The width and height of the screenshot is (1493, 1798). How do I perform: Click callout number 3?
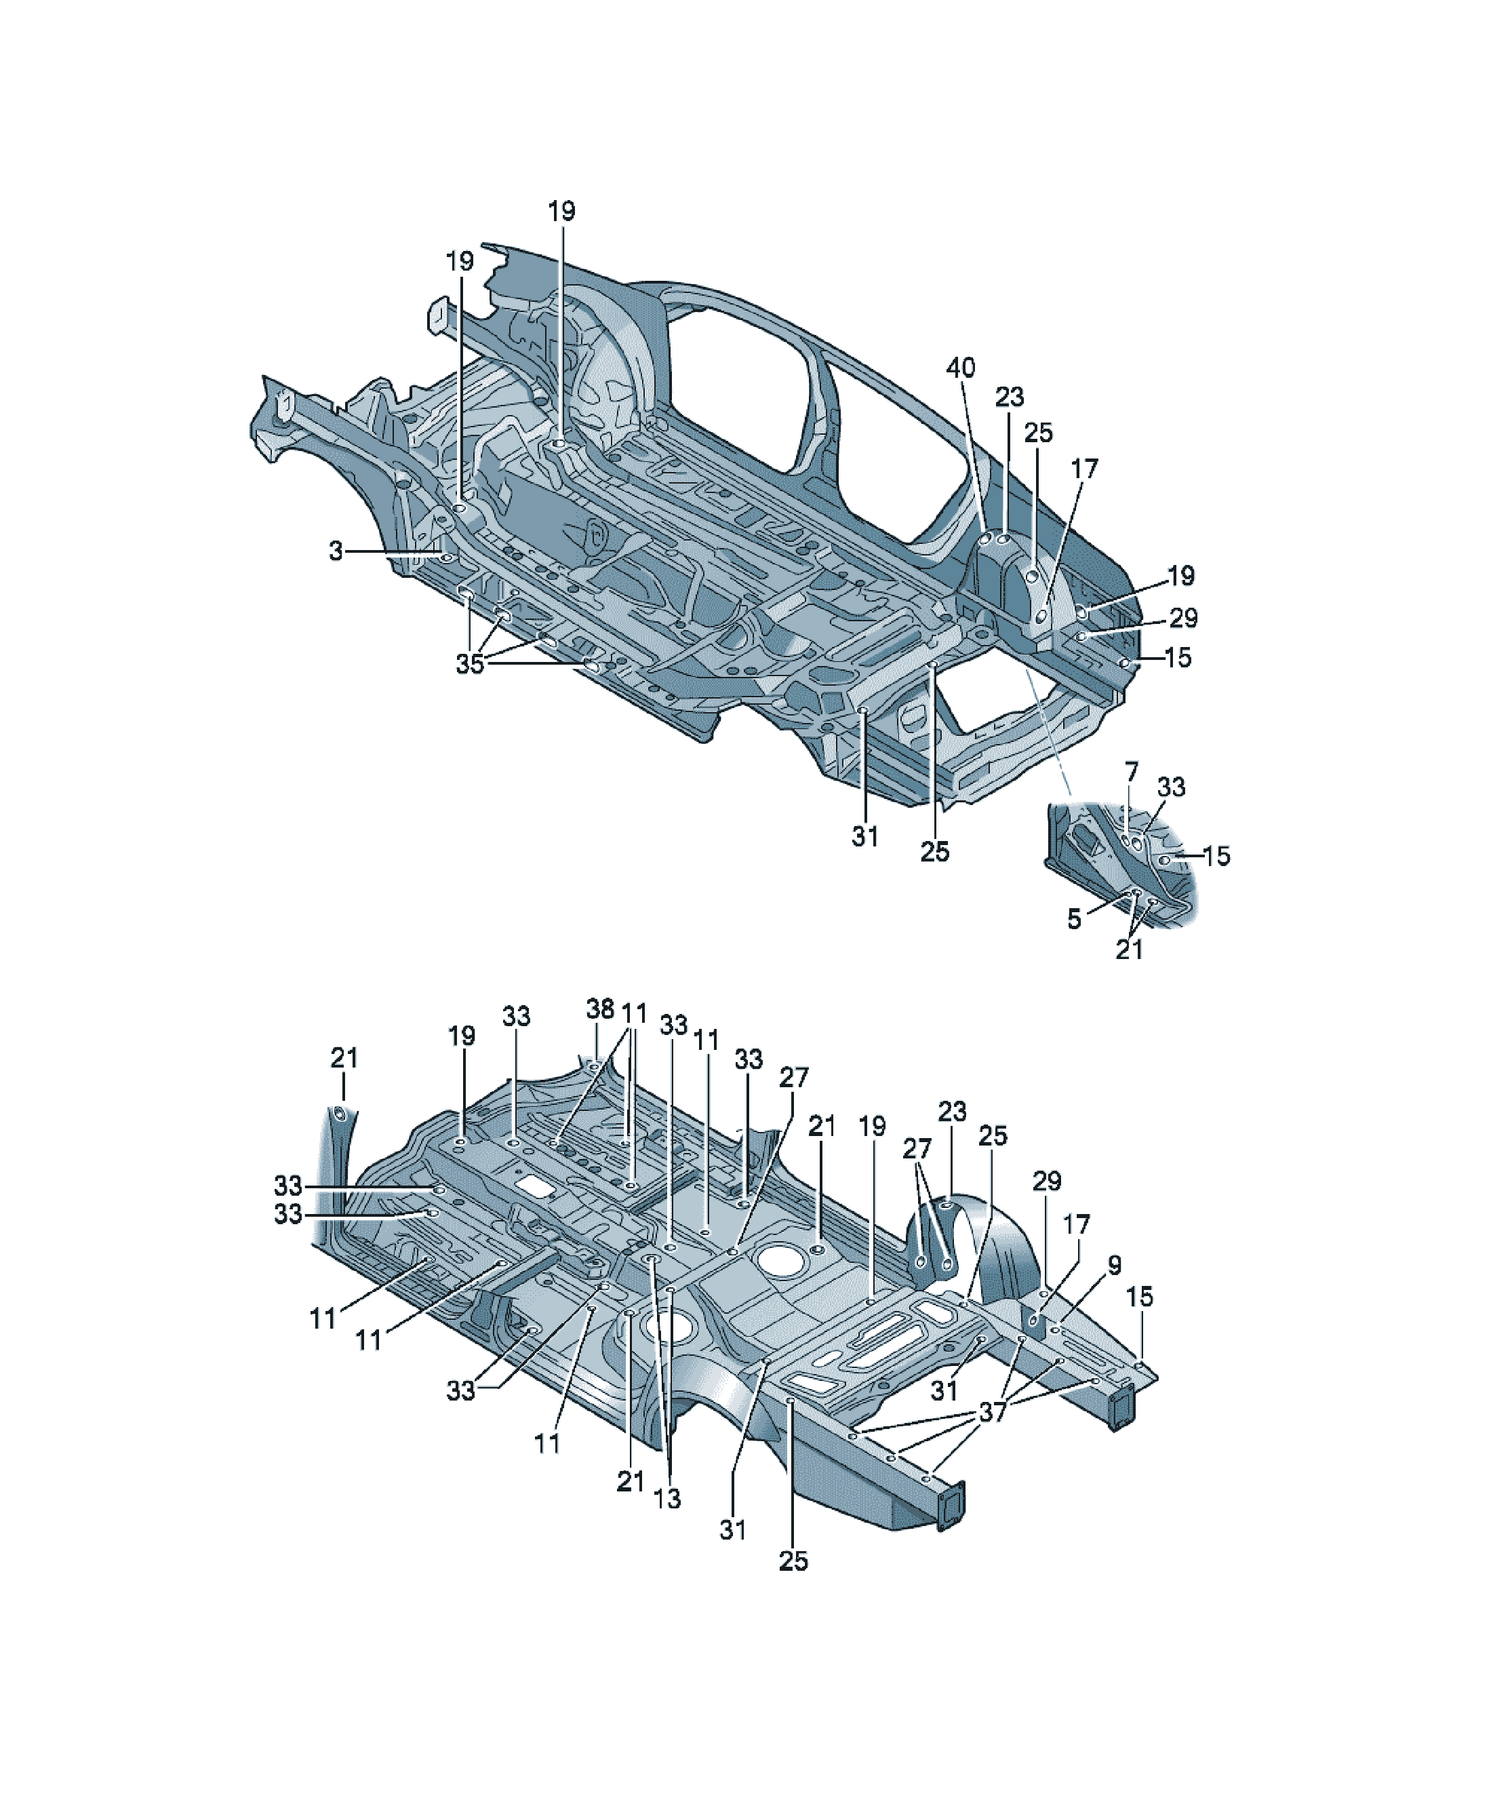tap(336, 551)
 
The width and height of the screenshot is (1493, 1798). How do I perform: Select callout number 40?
tap(961, 368)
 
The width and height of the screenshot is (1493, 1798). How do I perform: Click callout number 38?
tap(600, 1009)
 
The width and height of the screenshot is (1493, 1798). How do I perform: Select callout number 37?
tap(993, 1412)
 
